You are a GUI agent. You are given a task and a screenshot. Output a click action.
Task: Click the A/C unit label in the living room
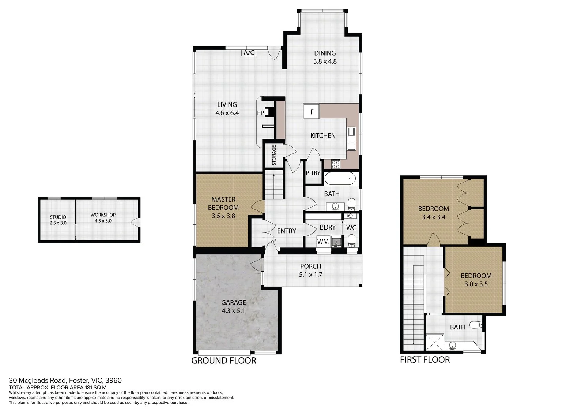click(249, 53)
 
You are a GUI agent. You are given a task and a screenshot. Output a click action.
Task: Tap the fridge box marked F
click(311, 111)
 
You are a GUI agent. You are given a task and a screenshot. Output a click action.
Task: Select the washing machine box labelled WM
click(323, 242)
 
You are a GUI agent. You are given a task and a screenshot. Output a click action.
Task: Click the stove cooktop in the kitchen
click(336, 164)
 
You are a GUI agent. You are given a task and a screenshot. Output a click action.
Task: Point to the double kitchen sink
click(351, 139)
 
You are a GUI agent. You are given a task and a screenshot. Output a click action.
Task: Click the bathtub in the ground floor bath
click(340, 179)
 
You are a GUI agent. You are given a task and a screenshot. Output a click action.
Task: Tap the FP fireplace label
click(260, 113)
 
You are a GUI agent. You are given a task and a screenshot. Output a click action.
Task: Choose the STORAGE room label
click(274, 155)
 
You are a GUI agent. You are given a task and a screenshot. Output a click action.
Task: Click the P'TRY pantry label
click(313, 173)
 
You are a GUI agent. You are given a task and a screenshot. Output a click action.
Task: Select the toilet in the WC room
click(351, 241)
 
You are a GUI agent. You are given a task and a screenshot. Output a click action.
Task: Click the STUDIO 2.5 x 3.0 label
click(58, 220)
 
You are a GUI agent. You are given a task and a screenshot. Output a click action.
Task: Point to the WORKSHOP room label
click(103, 215)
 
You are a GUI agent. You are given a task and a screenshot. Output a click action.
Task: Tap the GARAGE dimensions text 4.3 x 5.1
click(233, 311)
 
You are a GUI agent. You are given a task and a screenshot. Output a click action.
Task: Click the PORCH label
click(310, 266)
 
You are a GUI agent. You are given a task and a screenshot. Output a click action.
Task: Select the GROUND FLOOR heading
click(223, 361)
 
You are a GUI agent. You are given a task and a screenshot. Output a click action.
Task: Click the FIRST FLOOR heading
click(425, 359)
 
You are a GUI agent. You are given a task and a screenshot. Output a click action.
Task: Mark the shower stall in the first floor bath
click(435, 342)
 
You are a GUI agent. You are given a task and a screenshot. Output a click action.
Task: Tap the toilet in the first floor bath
click(476, 325)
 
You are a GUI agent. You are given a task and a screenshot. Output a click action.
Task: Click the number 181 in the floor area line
click(89, 388)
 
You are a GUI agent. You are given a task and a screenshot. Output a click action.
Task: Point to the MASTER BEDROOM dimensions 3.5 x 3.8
click(223, 216)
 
